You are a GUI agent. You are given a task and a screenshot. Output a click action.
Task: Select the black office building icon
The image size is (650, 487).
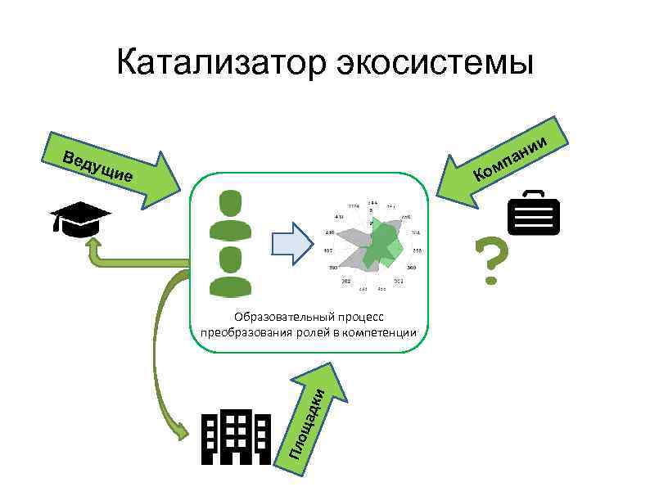pos(236,437)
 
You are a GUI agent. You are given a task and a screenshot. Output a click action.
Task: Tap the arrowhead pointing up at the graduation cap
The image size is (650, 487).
pos(94,243)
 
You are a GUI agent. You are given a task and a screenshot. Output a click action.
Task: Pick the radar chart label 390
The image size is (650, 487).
pos(332,268)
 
